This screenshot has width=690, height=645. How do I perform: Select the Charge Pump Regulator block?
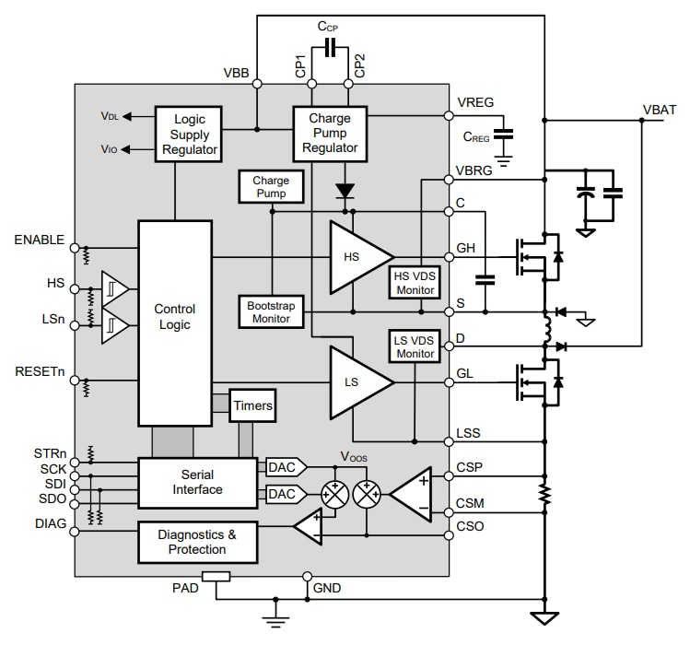coord(329,134)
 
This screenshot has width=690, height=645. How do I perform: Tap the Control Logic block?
coord(174,322)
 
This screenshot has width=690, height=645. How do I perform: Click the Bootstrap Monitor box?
coord(270,310)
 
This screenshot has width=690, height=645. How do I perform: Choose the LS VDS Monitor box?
coord(415,346)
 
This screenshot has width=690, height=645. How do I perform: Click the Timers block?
coord(252,405)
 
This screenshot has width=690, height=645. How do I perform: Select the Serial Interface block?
coord(197,482)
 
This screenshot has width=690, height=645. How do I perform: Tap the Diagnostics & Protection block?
coord(197,542)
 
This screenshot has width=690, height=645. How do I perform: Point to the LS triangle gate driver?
coord(357,381)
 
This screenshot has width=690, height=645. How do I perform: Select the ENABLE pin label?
coord(39,240)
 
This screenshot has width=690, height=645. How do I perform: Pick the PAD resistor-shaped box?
coord(216,578)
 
